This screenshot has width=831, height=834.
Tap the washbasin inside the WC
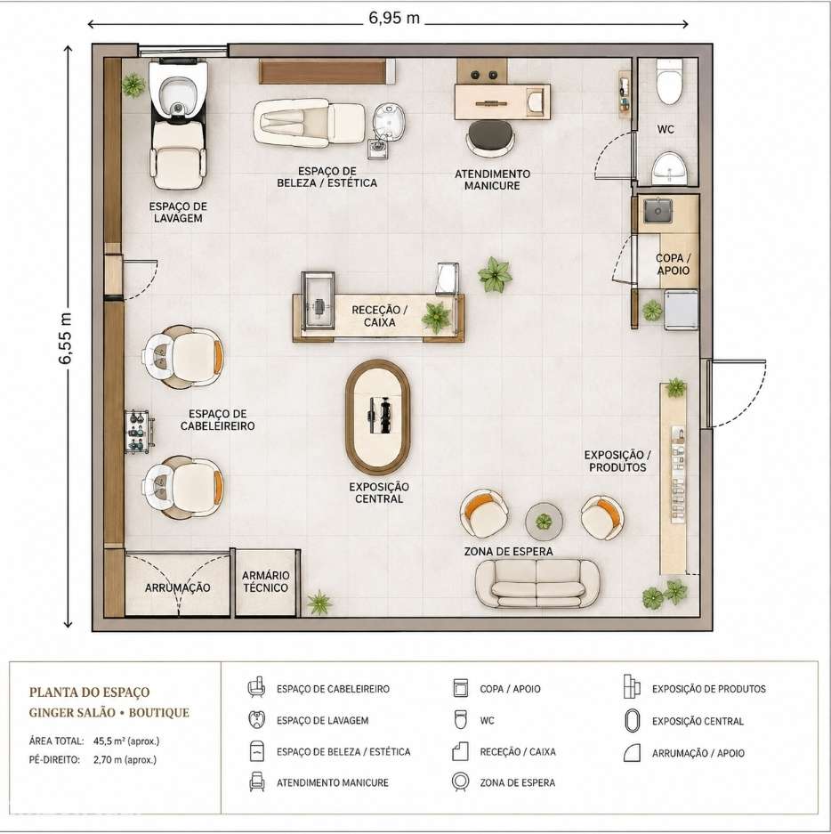669,168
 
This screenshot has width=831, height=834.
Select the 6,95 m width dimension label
394,19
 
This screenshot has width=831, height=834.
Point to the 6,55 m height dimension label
65,338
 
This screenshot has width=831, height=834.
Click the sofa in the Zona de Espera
537,583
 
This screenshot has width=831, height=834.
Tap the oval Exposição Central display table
377,417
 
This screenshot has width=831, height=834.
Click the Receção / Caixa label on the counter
380,316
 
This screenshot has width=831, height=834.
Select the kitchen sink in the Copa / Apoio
658,210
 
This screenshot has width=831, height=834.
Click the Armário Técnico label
265,581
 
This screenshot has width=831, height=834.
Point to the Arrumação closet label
178,587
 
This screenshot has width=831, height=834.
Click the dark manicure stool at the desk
491,137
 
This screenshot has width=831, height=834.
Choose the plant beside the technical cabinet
319,602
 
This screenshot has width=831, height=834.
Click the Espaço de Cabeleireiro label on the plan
217,419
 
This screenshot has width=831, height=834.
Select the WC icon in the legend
460,720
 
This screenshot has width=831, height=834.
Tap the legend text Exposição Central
698,721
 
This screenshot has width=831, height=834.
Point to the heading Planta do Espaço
89,692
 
